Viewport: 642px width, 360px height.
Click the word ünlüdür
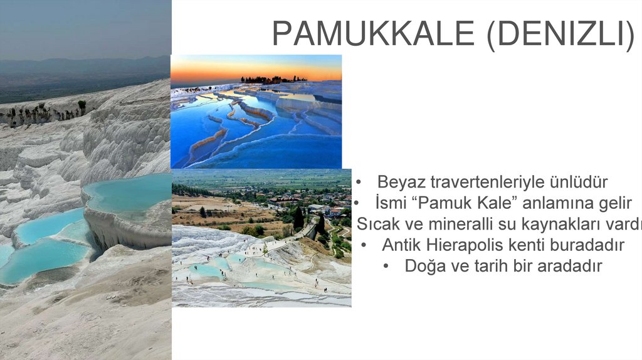tap(577, 183)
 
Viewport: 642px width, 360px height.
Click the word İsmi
tap(392, 203)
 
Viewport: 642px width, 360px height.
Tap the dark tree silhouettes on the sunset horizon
tap(270, 80)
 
